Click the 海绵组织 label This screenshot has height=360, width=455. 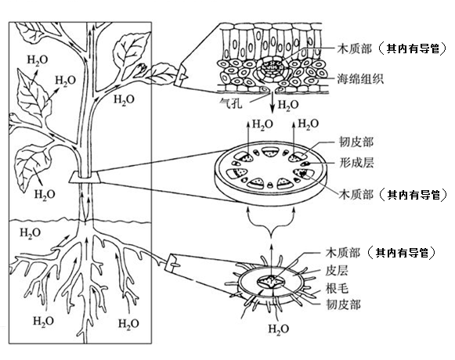pos(360,79)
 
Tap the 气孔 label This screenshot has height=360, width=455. pos(231,103)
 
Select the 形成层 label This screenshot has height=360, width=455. pos(356,163)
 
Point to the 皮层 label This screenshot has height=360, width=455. pos(337,270)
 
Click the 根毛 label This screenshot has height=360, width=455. pos(337,288)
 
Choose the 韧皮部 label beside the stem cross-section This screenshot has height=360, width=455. pos(356,142)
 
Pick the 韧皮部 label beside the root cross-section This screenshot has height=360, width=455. pos(343,305)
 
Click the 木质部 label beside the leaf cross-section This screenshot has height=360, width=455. pos(354,49)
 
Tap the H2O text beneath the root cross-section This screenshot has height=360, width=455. pos(278,329)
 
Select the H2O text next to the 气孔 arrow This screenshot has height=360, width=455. pos(288,105)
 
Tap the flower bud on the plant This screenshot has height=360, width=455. pos(142,68)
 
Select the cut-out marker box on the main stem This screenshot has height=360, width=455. pos(85,177)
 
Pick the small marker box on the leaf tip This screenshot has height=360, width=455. pos(182,76)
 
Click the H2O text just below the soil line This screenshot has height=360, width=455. pos(31,233)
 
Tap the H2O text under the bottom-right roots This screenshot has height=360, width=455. pos(128,323)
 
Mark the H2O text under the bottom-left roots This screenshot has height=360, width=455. pos(43,321)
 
